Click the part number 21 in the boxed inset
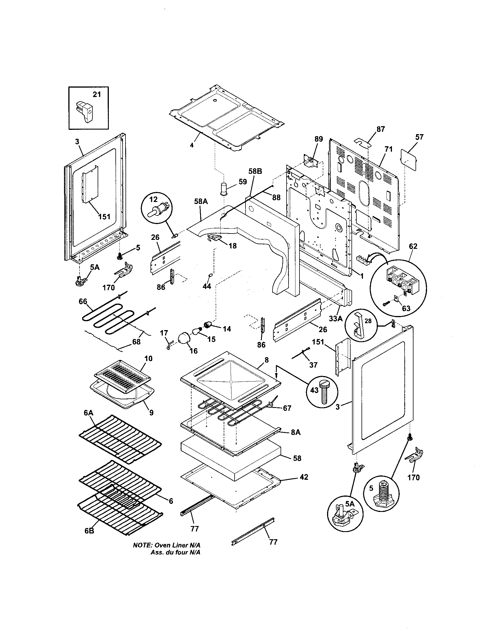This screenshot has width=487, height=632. pyautogui.click(x=97, y=95)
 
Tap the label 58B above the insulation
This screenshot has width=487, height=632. pyautogui.click(x=255, y=171)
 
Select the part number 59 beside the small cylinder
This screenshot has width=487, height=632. pyautogui.click(x=243, y=182)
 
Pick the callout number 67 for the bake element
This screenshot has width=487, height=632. pyautogui.click(x=287, y=408)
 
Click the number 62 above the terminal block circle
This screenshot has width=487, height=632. pyautogui.click(x=413, y=246)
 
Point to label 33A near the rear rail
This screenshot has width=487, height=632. pyautogui.click(x=335, y=319)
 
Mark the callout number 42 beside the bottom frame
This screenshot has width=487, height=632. pyautogui.click(x=304, y=477)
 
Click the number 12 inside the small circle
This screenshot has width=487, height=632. pyautogui.click(x=154, y=199)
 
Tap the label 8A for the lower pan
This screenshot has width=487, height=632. pyautogui.click(x=296, y=441)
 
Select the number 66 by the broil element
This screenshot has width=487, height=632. pyautogui.click(x=83, y=302)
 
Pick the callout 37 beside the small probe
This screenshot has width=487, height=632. pyautogui.click(x=313, y=365)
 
